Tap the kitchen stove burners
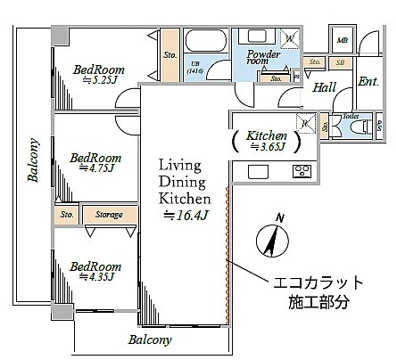(301, 171)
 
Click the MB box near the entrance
(343, 39)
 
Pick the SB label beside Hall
(340, 63)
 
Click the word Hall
(324, 86)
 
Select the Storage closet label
(110, 214)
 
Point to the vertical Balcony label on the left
(33, 160)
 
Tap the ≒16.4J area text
(185, 215)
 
